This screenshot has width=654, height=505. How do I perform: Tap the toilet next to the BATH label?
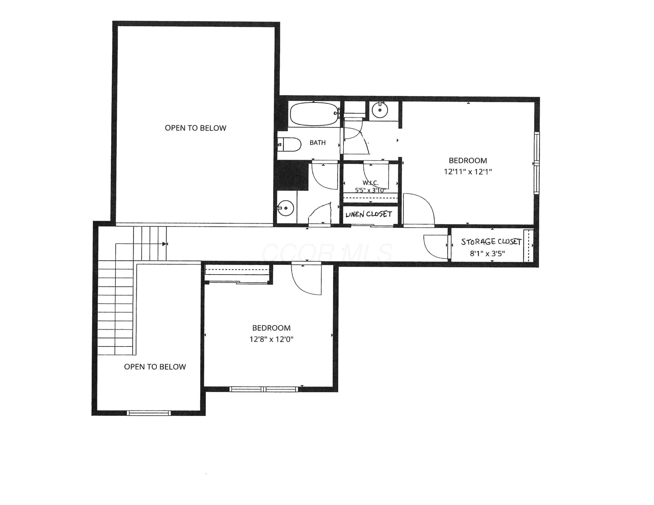(x=289, y=144)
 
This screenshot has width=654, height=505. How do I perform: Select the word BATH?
(x=317, y=143)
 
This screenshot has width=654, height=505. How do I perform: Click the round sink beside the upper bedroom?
(x=380, y=110)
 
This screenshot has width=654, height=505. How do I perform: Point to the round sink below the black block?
(x=285, y=208)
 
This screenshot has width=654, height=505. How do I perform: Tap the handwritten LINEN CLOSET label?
(x=369, y=214)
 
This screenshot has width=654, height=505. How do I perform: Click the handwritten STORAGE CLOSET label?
(x=491, y=242)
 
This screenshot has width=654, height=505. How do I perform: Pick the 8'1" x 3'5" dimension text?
(x=487, y=254)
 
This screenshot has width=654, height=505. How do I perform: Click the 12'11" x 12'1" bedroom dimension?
(x=468, y=172)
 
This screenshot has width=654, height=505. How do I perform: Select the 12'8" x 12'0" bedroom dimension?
(x=271, y=339)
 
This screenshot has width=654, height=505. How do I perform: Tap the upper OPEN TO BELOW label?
(x=196, y=128)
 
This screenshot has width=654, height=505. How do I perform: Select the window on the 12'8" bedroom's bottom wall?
(x=264, y=389)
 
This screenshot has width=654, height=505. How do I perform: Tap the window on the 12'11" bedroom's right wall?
(x=537, y=163)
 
